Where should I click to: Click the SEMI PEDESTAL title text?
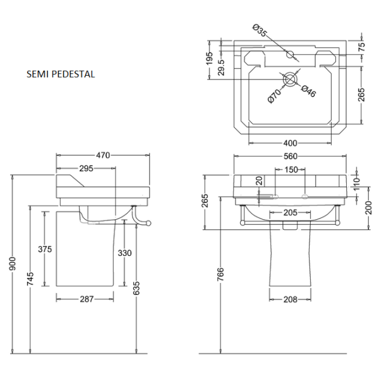pyautogui.click(x=61, y=74)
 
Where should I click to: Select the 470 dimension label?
pyautogui.click(x=103, y=155)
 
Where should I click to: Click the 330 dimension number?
pyautogui.click(x=124, y=253)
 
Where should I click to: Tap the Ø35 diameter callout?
pyautogui.click(x=260, y=31)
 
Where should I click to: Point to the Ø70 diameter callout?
pyautogui.click(x=274, y=95)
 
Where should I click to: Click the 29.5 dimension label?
pyautogui.click(x=220, y=66)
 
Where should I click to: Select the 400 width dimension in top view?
pyautogui.click(x=289, y=142)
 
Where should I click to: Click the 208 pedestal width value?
pyautogui.click(x=289, y=299)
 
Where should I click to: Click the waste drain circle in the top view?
pyautogui.click(x=289, y=79)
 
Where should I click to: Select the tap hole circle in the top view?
pyautogui.click(x=291, y=55)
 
